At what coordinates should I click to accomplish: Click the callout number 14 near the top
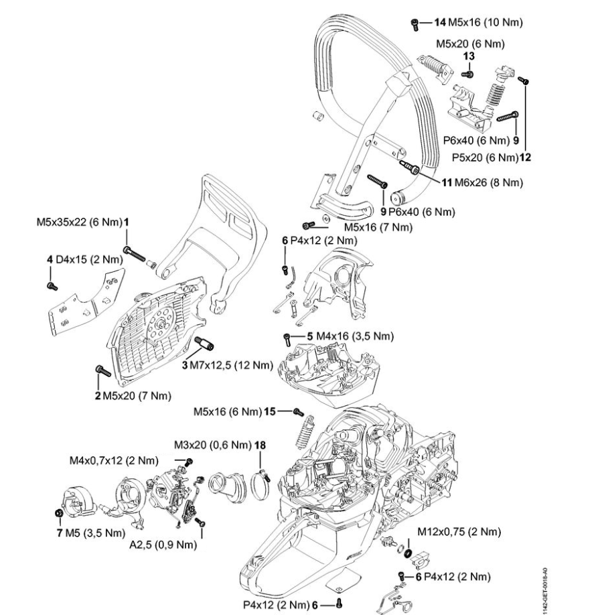click(440, 22)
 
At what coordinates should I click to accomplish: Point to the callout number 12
click(525, 157)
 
